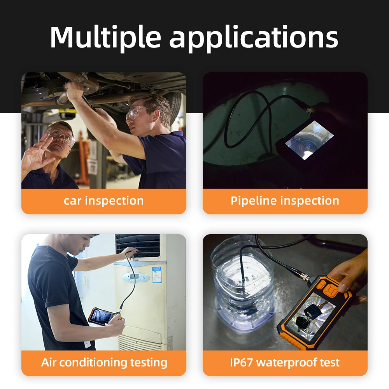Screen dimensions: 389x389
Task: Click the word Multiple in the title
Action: click(105, 37)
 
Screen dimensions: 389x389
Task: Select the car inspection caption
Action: click(103, 201)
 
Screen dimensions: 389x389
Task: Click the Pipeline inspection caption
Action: click(285, 201)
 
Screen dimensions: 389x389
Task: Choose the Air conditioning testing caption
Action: click(104, 363)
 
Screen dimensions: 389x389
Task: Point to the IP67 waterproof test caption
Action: click(285, 363)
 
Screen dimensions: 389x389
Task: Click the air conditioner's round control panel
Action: click(136, 277)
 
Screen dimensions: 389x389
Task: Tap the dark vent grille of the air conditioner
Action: click(138, 245)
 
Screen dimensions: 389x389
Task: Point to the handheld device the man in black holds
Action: click(102, 316)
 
